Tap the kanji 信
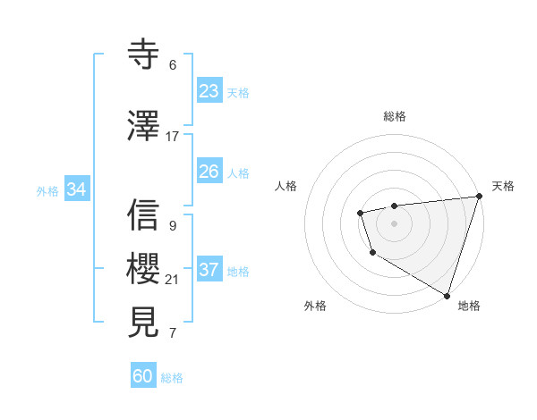point(144,215)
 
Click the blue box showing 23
point(209,91)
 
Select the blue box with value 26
point(209,172)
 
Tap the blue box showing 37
point(209,270)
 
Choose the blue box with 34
point(76,189)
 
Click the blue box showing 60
point(143,376)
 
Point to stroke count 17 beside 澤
point(173,137)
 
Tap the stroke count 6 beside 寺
point(173,64)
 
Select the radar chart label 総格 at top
point(395,116)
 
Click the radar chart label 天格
point(503,186)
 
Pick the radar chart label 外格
point(314,306)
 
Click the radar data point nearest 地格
point(447,294)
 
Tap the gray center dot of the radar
point(394,223)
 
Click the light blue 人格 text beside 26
point(238,172)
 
